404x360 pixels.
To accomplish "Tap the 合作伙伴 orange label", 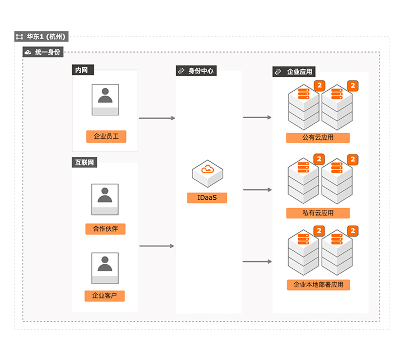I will (105, 229).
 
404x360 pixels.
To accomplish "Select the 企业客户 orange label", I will (105, 296).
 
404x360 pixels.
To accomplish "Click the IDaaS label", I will (207, 198).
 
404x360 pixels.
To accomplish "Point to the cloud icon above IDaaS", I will (207, 171).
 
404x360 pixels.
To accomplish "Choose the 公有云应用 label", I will (318, 138).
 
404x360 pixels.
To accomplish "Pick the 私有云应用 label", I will (318, 213).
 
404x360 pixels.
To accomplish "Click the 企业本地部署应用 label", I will (318, 285).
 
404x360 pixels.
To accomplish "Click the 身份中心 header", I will (196, 71).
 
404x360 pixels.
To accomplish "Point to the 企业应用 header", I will (294, 72).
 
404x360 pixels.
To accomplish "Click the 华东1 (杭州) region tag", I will (41, 37).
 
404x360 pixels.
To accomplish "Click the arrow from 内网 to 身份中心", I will (157, 118).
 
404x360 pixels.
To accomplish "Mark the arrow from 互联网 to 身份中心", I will (157, 246).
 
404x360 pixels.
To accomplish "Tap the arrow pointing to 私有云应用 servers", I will (257, 190).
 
